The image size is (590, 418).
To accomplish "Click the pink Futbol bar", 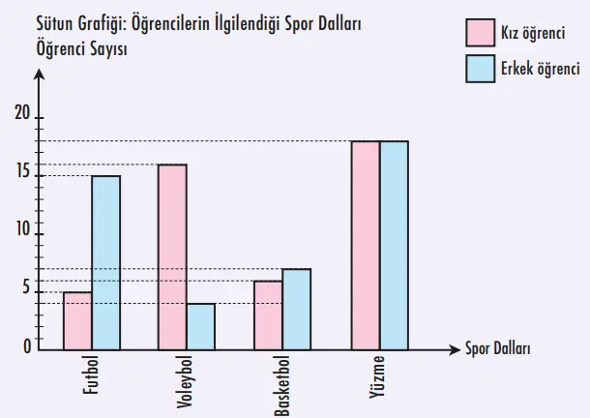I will (78, 319).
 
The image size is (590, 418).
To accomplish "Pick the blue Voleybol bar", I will (201, 325).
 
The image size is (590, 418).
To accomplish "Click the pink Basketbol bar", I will (269, 313).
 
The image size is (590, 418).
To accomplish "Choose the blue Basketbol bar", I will (297, 308).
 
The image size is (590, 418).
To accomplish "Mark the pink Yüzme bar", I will (366, 244).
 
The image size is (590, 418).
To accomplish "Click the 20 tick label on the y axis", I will (23, 113).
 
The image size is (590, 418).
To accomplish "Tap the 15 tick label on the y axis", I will (23, 173).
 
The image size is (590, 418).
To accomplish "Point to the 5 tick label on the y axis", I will (27, 287).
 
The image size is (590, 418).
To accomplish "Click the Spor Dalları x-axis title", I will (497, 348).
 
